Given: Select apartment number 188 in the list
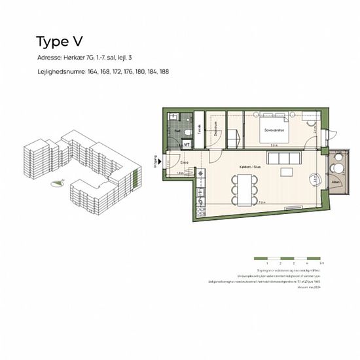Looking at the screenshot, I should [x=164, y=71].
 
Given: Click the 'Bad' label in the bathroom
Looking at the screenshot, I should [x=177, y=131].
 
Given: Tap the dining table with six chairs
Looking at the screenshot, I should [x=243, y=191].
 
